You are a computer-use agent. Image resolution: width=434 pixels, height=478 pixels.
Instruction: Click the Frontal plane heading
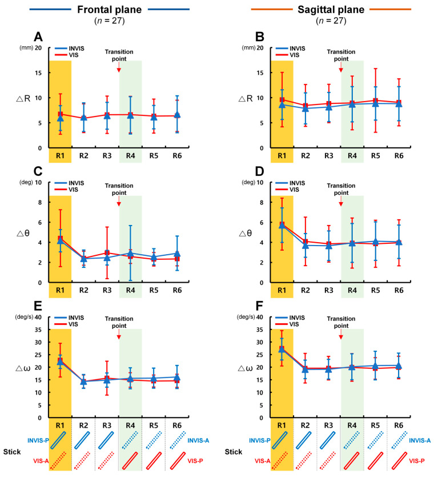pos(110,10)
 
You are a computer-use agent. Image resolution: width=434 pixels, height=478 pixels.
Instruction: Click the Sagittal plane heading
pos(331,10)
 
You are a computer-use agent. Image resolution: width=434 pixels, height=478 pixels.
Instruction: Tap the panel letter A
pos(38,37)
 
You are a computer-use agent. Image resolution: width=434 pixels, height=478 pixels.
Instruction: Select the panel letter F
pos(259,306)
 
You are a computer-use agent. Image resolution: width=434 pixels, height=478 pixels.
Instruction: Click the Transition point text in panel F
pos(341,322)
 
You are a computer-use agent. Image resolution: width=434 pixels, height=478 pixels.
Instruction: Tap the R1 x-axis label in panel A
pos(60,156)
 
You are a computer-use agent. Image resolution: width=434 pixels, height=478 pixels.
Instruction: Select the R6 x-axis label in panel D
pos(399,291)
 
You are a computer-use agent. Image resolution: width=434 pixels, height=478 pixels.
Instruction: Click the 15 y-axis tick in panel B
pos(260,73)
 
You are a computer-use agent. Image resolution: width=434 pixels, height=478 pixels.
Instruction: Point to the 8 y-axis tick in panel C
pos(39,202)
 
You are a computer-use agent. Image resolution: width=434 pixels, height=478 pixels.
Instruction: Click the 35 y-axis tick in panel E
pos(38,330)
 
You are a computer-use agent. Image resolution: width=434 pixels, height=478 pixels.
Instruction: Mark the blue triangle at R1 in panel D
pos(282,225)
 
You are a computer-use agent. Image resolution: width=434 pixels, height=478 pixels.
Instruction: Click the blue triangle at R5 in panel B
pos(376,103)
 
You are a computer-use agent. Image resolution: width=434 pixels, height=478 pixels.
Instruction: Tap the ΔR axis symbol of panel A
pos(23,98)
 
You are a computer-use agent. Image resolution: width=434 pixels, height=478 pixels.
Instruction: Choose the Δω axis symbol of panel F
pos(245,368)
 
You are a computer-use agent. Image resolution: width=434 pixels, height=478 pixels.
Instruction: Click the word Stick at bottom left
pos(12,452)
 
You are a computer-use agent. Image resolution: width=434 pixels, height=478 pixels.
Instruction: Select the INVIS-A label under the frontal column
pos(198,441)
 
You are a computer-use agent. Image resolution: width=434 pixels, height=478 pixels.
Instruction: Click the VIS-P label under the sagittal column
pos(417,461)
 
